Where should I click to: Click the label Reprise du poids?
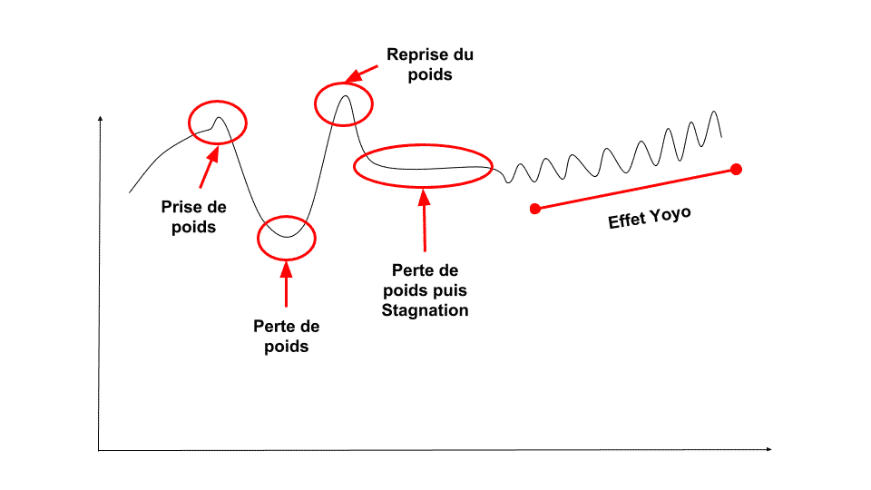click(x=430, y=64)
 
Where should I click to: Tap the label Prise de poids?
click(x=194, y=217)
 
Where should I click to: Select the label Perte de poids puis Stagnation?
click(x=425, y=290)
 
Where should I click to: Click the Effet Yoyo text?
click(x=650, y=217)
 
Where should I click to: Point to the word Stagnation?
click(x=425, y=310)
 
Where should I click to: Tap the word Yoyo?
click(x=670, y=214)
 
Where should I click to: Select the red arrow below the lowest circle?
click(x=286, y=284)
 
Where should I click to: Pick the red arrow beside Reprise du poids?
click(x=361, y=73)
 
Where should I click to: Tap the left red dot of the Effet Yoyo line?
click(x=535, y=209)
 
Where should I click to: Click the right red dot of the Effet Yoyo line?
click(x=736, y=170)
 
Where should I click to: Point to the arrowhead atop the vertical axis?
click(x=100, y=118)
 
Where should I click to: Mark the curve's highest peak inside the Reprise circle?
click(x=345, y=96)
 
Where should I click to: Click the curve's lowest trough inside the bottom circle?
click(x=287, y=237)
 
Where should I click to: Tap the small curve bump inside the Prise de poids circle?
click(x=219, y=118)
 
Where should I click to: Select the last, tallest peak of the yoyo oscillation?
click(x=714, y=112)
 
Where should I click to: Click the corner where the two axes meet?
click(x=99, y=450)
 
